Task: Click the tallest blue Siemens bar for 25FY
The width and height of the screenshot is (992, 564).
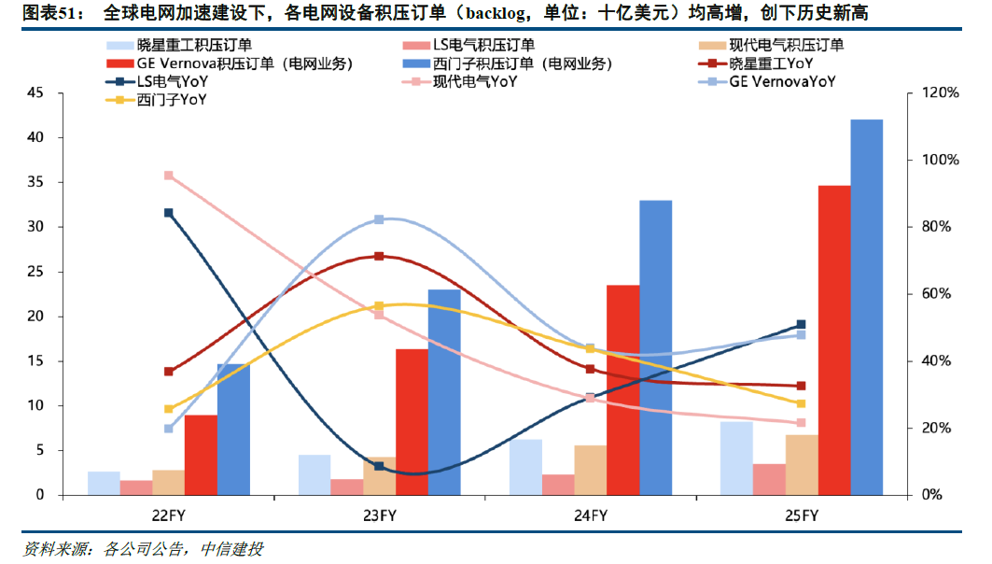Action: point(866,307)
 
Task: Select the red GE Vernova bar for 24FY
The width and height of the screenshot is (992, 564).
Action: point(622,389)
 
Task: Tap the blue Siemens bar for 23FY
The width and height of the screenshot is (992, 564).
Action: point(444,392)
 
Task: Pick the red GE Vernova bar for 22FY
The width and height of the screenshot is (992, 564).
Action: point(201,455)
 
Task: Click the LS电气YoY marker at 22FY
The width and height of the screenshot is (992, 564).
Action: point(169,213)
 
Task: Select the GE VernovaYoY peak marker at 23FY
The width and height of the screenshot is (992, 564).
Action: point(379,219)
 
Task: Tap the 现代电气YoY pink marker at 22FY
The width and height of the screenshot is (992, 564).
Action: point(169,176)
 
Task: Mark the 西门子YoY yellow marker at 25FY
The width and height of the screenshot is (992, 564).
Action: point(801,403)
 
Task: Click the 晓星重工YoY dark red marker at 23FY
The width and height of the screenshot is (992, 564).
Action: point(379,256)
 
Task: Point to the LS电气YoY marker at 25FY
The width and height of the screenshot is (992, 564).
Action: point(801,325)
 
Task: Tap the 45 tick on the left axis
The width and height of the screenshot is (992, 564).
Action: point(36,93)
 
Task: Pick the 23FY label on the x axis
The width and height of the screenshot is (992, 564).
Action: point(379,515)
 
